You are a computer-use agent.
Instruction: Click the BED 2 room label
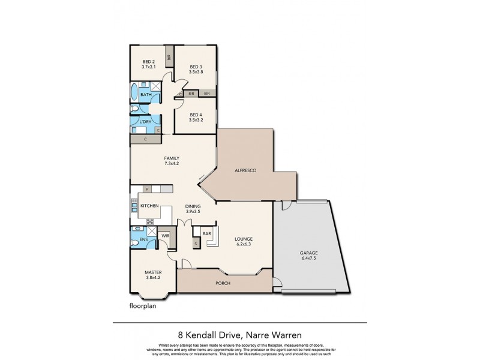149,64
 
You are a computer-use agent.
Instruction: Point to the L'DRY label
145,122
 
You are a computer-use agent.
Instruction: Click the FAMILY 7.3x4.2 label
172,161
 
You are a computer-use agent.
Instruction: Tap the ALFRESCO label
245,172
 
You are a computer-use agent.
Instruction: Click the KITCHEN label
149,206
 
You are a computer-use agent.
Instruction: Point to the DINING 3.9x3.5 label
193,209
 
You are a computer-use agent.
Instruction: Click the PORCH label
222,283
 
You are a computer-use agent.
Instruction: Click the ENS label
143,240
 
